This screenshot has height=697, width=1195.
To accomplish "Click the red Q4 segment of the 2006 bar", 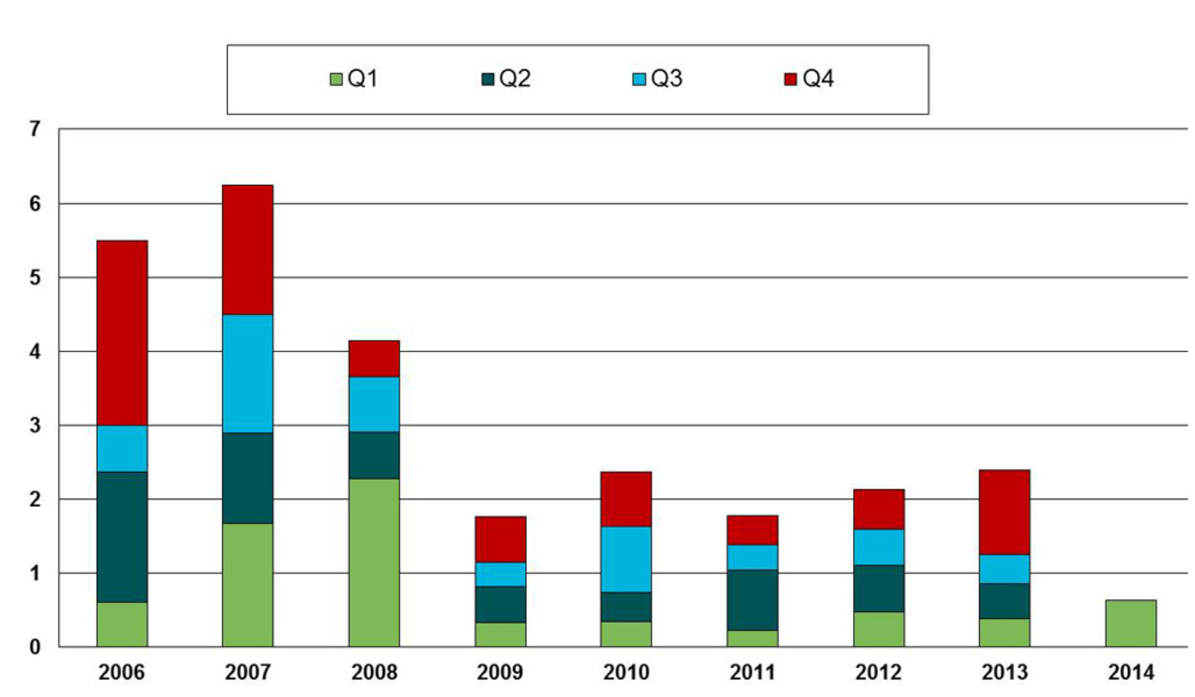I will tap(122, 332).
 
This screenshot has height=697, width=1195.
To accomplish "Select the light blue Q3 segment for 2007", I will tap(247, 373).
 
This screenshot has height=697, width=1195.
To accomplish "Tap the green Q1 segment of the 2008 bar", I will tap(374, 562).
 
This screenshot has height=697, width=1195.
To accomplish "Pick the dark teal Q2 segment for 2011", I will tap(752, 600).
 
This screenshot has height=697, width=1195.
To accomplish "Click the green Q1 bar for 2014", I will tap(1130, 623).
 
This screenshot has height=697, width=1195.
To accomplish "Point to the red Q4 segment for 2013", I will tap(1004, 512).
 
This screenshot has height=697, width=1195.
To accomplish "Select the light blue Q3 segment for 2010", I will tap(626, 559).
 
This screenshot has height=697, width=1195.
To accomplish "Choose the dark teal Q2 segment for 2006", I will tap(122, 537).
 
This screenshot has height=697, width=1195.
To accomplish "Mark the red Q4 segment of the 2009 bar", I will tap(500, 539).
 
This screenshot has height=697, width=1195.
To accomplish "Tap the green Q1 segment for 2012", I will tap(878, 629).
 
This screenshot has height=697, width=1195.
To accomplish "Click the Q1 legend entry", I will tap(354, 79).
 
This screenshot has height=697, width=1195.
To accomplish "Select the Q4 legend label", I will tap(817, 79).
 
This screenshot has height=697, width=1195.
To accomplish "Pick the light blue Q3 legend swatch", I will tap(639, 79).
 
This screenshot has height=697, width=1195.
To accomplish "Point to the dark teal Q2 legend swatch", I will tap(488, 79).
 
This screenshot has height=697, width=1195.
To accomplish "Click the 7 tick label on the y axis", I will tap(35, 129).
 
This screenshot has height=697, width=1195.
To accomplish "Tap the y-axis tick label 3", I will tap(35, 425).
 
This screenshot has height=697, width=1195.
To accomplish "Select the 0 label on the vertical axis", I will tap(35, 647).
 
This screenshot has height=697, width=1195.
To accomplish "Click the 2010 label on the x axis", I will tap(626, 673).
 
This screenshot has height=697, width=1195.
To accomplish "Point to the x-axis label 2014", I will tap(1130, 673).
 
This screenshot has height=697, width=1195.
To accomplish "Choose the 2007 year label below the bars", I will tap(247, 673).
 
